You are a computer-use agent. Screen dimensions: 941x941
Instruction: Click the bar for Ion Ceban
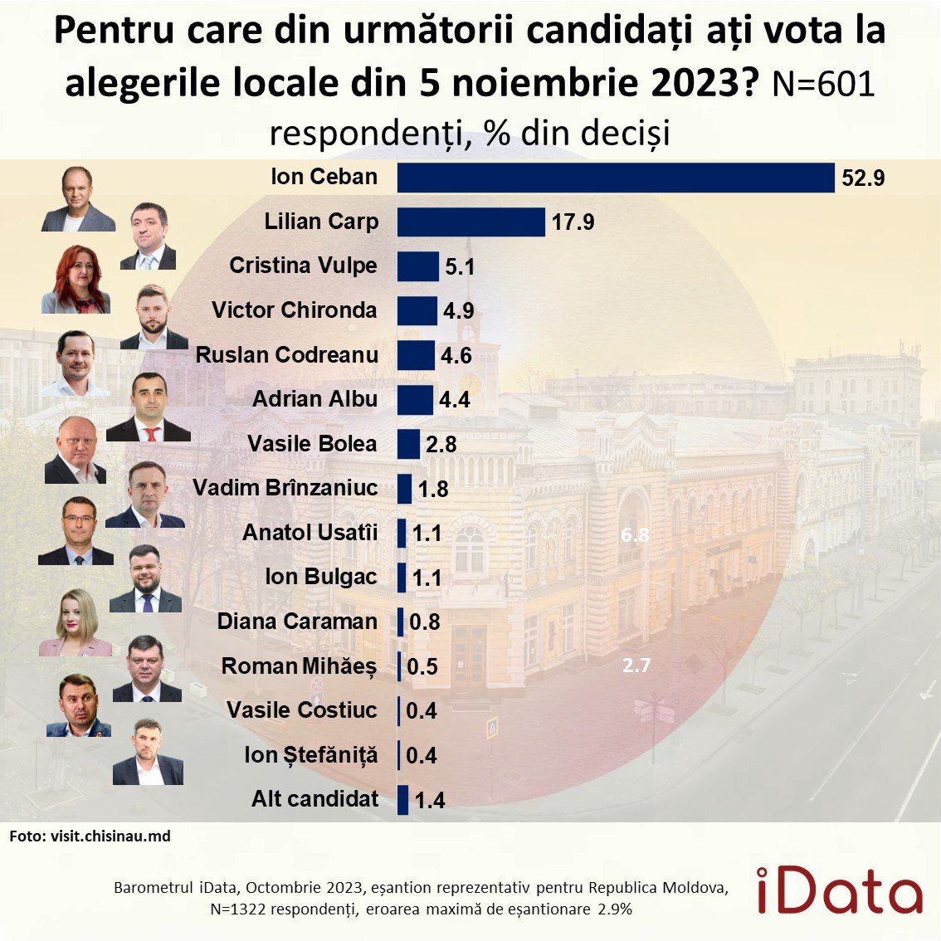(x=615, y=178)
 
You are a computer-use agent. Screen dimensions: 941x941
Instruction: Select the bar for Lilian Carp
(x=470, y=222)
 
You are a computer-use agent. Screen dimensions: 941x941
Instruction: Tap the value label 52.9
(x=863, y=178)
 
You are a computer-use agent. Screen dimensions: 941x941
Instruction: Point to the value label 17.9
(x=573, y=222)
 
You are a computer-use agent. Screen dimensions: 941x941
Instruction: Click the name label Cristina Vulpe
(x=303, y=266)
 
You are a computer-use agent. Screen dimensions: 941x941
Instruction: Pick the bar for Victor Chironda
(x=417, y=310)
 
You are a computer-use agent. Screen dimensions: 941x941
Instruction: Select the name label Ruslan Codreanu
(x=286, y=355)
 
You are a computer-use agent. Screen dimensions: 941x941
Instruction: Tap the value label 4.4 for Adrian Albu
(x=455, y=400)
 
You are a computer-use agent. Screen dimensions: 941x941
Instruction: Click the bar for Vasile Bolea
(x=408, y=444)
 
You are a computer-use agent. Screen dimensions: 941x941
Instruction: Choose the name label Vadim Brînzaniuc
(x=285, y=488)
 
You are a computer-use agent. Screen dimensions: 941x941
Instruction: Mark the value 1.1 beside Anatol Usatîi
(x=427, y=534)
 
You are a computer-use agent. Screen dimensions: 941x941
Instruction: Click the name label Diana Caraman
(x=297, y=622)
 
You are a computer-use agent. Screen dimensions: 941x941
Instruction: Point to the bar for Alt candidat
(x=403, y=800)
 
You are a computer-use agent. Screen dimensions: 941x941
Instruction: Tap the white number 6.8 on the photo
(x=635, y=535)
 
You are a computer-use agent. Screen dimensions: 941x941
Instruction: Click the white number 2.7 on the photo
(x=636, y=665)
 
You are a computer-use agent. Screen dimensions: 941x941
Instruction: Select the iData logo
(x=839, y=890)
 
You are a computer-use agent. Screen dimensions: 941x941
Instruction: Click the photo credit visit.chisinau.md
(x=90, y=836)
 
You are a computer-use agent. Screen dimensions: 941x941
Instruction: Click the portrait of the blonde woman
(x=76, y=624)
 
